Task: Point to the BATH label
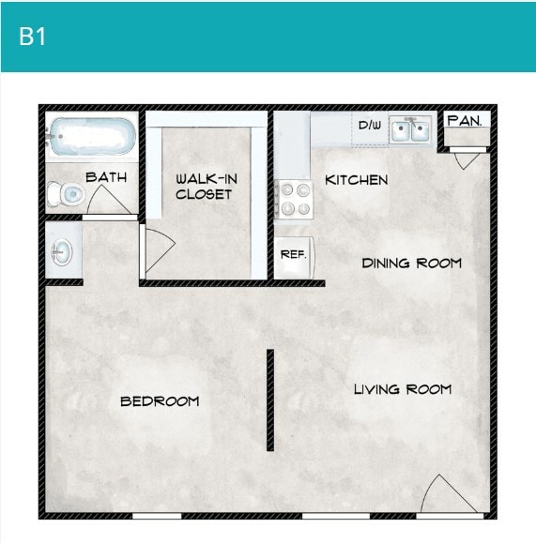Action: point(106,176)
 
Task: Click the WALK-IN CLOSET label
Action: point(204,186)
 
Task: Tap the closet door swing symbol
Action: point(157,249)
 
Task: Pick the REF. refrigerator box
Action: point(294,254)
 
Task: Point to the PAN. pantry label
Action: point(465,121)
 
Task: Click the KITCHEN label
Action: point(356,180)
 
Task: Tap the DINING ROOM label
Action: point(411,263)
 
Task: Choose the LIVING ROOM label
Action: point(402,389)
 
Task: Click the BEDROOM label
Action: point(160,401)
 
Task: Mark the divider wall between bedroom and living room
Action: point(269,400)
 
